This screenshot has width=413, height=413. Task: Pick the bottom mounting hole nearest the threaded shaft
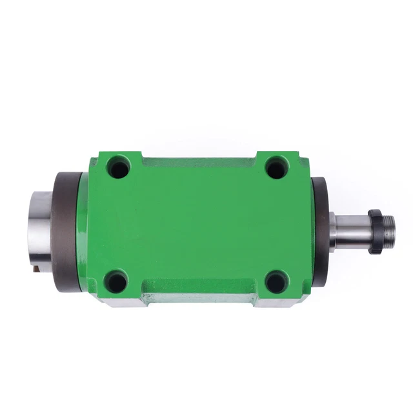(276, 281)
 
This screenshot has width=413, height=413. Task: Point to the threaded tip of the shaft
(389, 231)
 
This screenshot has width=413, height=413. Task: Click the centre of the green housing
(197, 226)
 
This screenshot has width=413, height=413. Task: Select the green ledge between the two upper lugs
(197, 161)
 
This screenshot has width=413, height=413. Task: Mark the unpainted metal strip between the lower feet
(197, 297)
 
